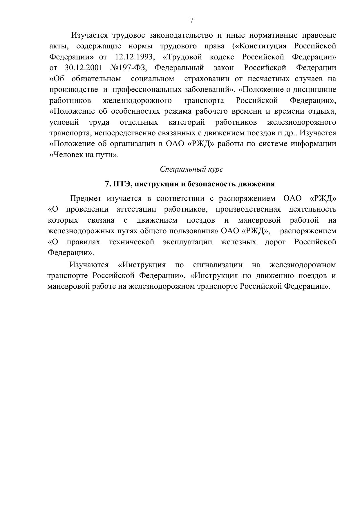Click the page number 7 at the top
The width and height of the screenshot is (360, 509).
click(x=191, y=20)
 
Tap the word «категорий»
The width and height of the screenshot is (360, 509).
click(x=187, y=122)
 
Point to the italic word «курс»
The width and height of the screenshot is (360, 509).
click(x=215, y=169)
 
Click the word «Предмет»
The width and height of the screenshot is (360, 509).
click(x=86, y=199)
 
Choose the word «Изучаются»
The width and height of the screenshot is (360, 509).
click(x=89, y=265)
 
